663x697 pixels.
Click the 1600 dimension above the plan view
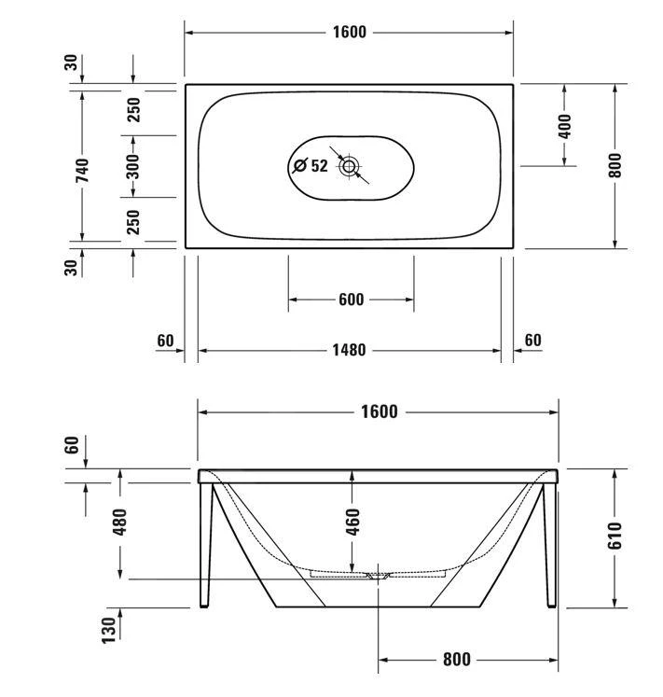[349, 33]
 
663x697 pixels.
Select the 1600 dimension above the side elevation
[379, 411]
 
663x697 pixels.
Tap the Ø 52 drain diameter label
[311, 166]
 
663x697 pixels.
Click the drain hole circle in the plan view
[350, 167]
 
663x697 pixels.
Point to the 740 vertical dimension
[82, 169]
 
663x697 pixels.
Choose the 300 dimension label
[132, 166]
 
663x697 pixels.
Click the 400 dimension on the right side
[565, 125]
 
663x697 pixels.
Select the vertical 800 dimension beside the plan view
[615, 165]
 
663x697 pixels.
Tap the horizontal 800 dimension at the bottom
[456, 660]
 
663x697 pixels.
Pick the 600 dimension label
[351, 300]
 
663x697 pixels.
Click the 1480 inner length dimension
[349, 351]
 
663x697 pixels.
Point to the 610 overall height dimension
[615, 537]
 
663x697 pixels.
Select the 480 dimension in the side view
[119, 523]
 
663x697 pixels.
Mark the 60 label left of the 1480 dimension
[166, 341]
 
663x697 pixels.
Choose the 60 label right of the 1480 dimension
[532, 341]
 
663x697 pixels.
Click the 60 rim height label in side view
[72, 445]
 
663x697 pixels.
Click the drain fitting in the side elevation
[378, 576]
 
